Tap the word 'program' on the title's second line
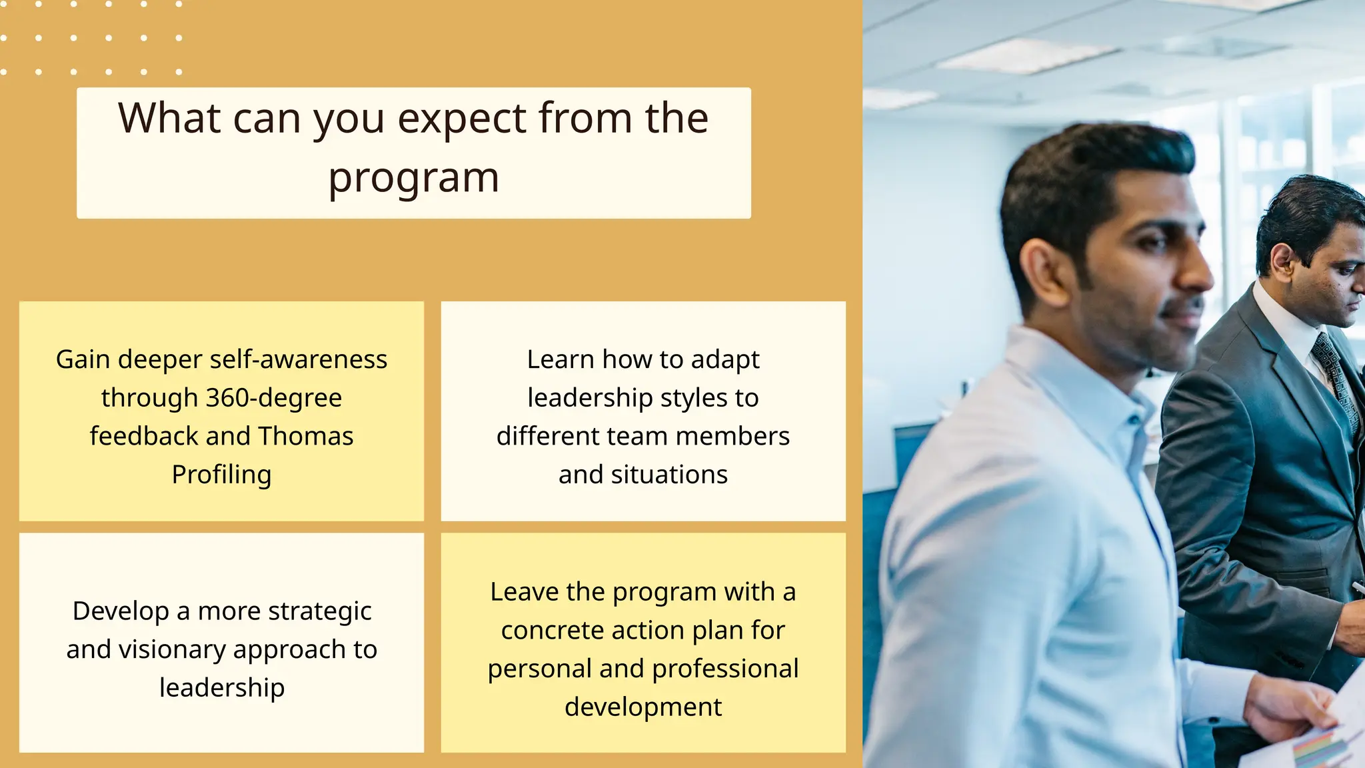tap(413, 179)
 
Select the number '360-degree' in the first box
tap(274, 398)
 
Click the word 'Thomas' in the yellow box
tap(305, 436)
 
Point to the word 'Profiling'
tap(221, 475)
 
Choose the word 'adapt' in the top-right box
tap(725, 360)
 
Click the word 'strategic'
tap(319, 611)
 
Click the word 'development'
tap(643, 707)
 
